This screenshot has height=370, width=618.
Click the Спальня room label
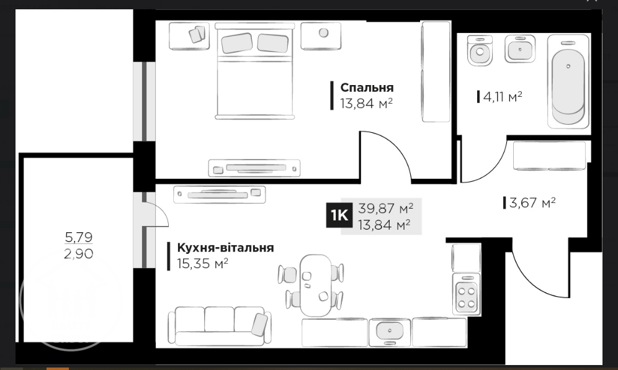(x=367, y=88)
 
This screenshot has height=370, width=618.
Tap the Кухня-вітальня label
(x=225, y=248)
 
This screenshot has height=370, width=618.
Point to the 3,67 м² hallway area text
(x=532, y=202)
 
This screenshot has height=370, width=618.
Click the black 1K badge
(x=339, y=216)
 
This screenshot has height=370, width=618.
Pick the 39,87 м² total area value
(x=385, y=208)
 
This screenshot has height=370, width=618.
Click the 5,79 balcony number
(x=79, y=237)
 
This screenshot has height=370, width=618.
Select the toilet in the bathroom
(x=480, y=50)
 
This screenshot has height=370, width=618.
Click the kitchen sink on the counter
(x=389, y=332)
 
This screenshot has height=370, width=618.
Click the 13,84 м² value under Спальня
(x=366, y=103)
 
